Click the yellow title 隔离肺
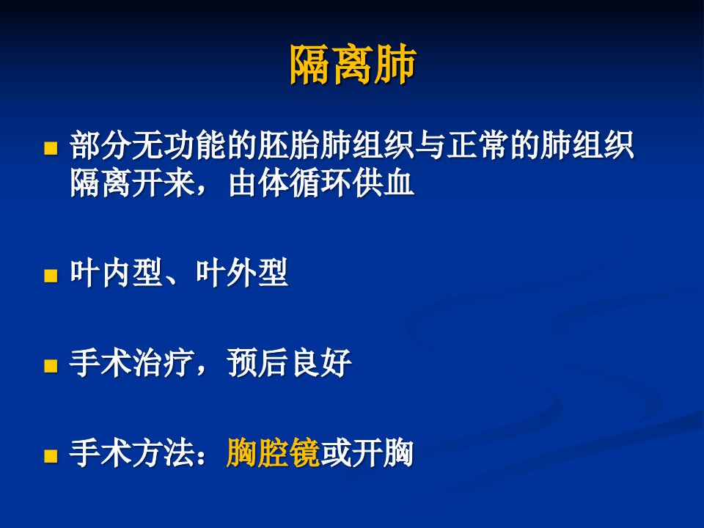(353, 65)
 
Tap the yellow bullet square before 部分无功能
(51, 148)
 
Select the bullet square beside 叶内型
(51, 275)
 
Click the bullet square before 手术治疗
(51, 365)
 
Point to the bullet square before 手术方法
(51, 455)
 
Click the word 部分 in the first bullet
(100, 145)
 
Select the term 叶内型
(117, 273)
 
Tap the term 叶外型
(241, 273)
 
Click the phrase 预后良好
(289, 363)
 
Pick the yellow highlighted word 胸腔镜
(273, 453)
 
